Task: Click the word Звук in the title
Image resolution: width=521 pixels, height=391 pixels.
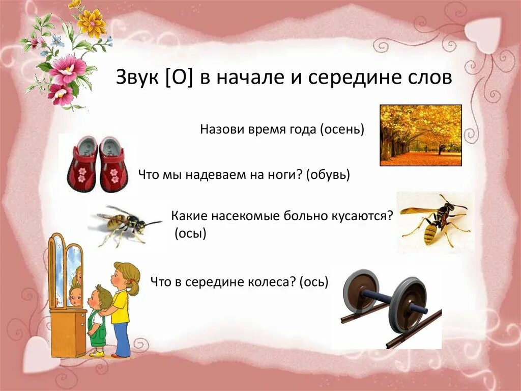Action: pyautogui.click(x=136, y=79)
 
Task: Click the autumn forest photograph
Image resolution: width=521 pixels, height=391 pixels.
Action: pyautogui.click(x=421, y=135)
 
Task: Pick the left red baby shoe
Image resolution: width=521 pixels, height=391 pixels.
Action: pyautogui.click(x=83, y=164)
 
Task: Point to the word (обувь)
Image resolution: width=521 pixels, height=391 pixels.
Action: pyautogui.click(x=328, y=175)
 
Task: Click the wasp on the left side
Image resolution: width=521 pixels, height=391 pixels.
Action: pyautogui.click(x=125, y=223)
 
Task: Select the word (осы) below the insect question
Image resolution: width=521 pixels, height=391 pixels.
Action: pyautogui.click(x=190, y=234)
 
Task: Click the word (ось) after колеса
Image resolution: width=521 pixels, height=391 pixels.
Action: pyautogui.click(x=314, y=281)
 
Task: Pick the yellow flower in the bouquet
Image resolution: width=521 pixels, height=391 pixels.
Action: pyautogui.click(x=92, y=23)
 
